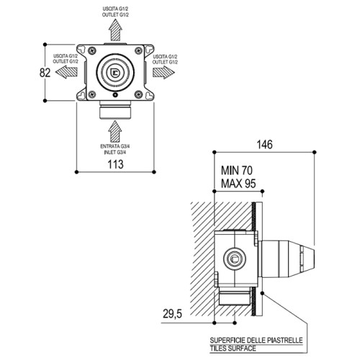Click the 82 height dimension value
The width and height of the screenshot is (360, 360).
45,73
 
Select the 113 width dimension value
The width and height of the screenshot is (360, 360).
115,164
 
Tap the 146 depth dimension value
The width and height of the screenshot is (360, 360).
265,145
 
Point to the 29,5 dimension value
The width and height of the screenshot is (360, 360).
172,314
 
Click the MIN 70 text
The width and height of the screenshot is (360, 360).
237,171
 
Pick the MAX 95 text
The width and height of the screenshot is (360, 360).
238,184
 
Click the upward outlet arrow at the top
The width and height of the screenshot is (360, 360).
115,30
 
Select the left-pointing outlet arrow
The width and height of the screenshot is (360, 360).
66,71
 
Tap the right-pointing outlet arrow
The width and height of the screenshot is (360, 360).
163,72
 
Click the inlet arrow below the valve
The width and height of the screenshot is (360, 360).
115,131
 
